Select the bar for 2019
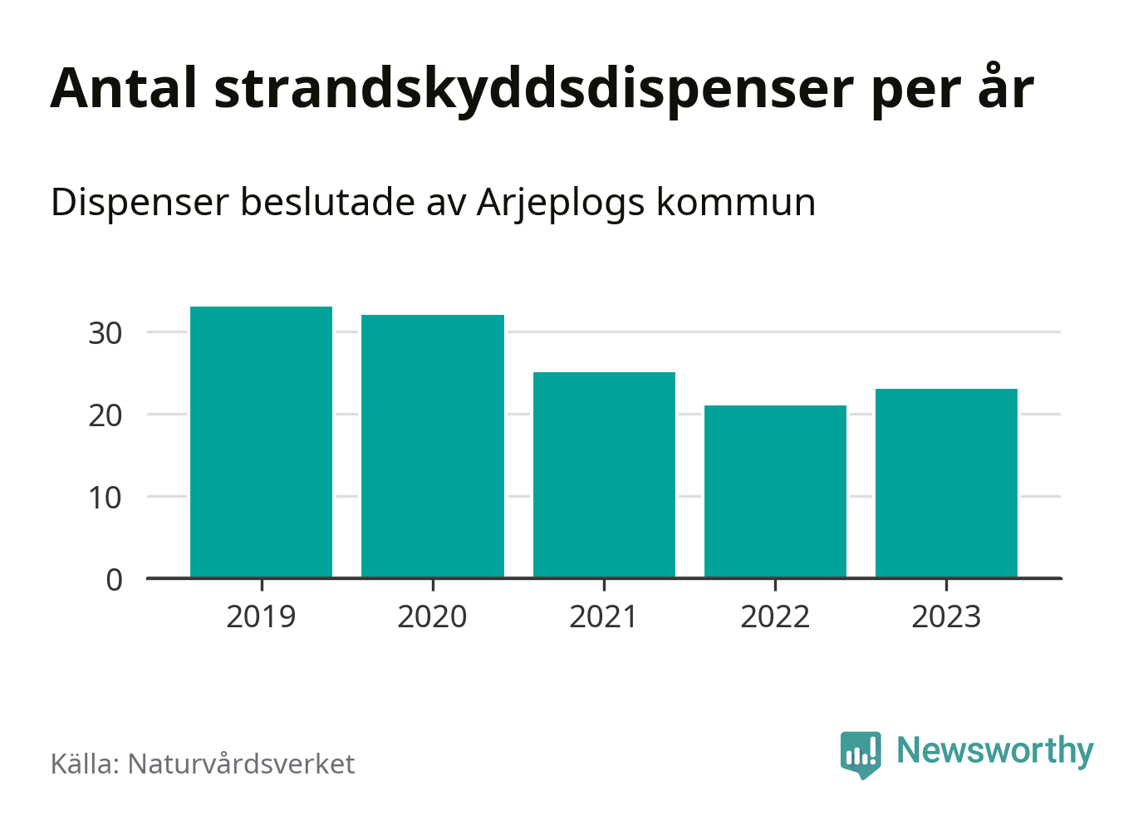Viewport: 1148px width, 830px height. (261, 442)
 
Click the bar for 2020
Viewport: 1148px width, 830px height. (433, 446)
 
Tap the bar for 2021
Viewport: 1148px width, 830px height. (604, 474)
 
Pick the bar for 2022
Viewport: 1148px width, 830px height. (775, 491)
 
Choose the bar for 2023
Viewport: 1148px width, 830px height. (946, 483)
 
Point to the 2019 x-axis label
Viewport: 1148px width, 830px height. (261, 617)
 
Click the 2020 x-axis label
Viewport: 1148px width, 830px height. (433, 617)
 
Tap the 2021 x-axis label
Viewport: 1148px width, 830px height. (604, 617)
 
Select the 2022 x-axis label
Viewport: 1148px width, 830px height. (775, 617)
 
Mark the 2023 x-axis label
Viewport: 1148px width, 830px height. (946, 617)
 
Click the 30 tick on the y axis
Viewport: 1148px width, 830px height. (105, 333)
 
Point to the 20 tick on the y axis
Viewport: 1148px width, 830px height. (105, 415)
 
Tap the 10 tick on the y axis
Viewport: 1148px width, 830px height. (105, 497)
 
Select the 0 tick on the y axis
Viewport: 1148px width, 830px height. (115, 579)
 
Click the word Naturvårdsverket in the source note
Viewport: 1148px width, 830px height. (241, 764)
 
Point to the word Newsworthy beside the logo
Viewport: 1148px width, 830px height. (995, 751)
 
